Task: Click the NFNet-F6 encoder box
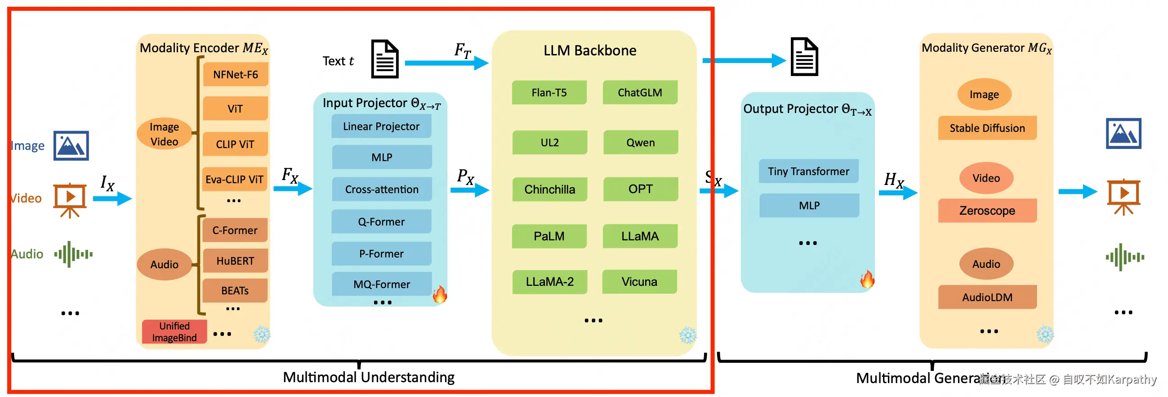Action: pyautogui.click(x=235, y=74)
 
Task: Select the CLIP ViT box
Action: pyautogui.click(x=235, y=144)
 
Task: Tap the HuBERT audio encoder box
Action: pyautogui.click(x=235, y=261)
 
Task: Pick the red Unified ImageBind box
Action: pyautogui.click(x=174, y=332)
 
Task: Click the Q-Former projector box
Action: pyautogui.click(x=381, y=221)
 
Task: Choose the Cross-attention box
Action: pyautogui.click(x=382, y=189)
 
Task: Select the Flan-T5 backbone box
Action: pyautogui.click(x=549, y=93)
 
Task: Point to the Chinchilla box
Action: pyautogui.click(x=549, y=189)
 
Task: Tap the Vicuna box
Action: pyautogui.click(x=639, y=282)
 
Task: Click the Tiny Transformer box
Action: pyautogui.click(x=808, y=171)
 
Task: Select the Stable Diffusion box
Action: pyautogui.click(x=987, y=128)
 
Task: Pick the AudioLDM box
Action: pyautogui.click(x=987, y=297)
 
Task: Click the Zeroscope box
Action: pyautogui.click(x=987, y=211)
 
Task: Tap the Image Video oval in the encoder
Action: pyautogui.click(x=164, y=134)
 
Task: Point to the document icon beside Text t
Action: pyautogui.click(x=384, y=59)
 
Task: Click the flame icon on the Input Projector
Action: pyautogui.click(x=439, y=294)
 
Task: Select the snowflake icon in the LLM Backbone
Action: pyautogui.click(x=687, y=335)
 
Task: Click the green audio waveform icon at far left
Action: pyautogui.click(x=73, y=254)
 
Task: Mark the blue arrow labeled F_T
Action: pyautogui.click(x=446, y=63)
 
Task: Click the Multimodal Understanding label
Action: pyautogui.click(x=368, y=377)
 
